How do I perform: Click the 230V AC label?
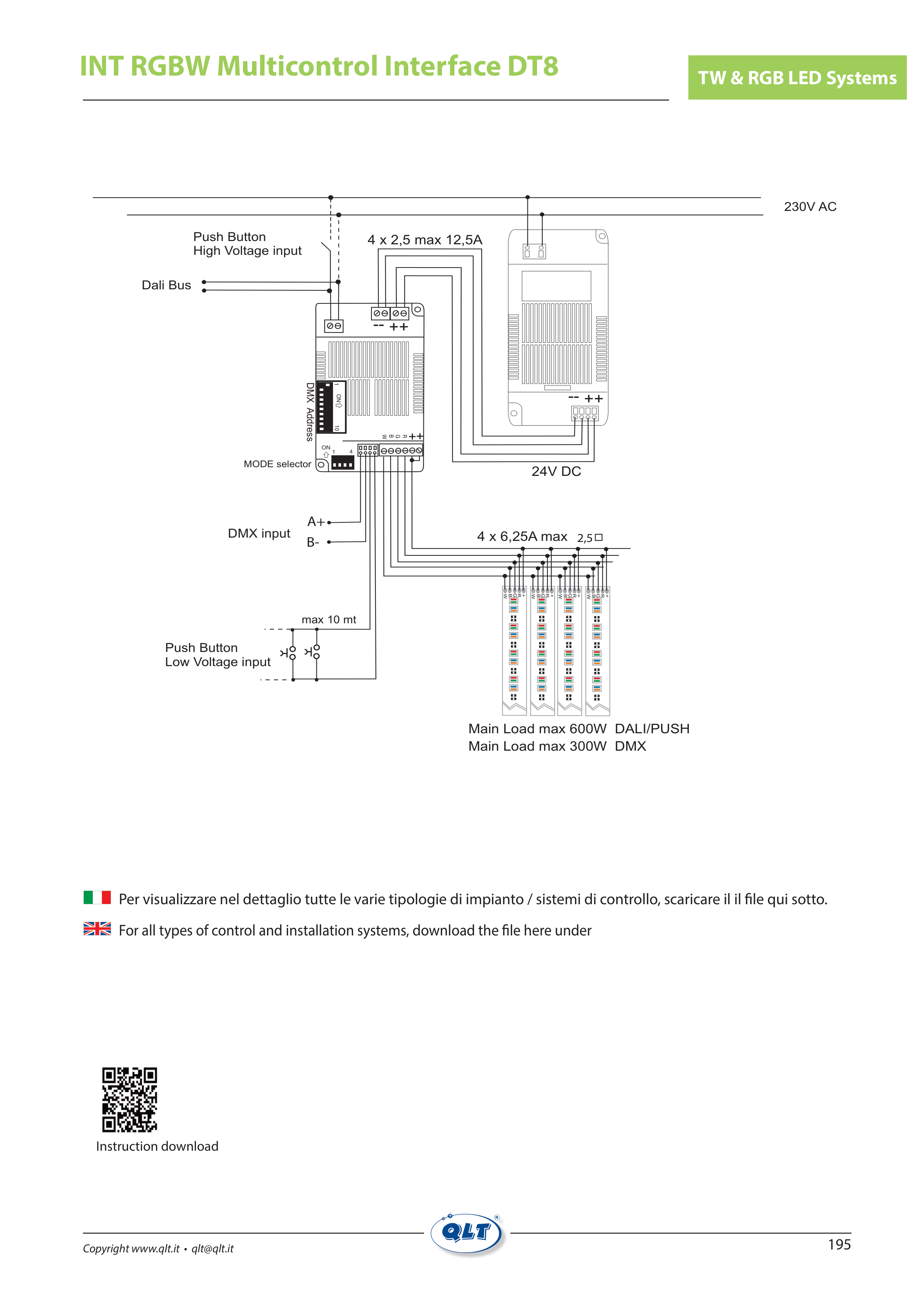tap(809, 207)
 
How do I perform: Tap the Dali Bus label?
tap(166, 285)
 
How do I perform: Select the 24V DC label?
tap(556, 472)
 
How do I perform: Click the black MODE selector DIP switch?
tap(342, 462)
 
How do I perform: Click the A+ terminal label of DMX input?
tap(315, 522)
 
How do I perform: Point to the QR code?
tap(130, 1099)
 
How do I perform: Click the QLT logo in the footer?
tap(467, 1233)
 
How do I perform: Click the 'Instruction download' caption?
tap(157, 1146)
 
